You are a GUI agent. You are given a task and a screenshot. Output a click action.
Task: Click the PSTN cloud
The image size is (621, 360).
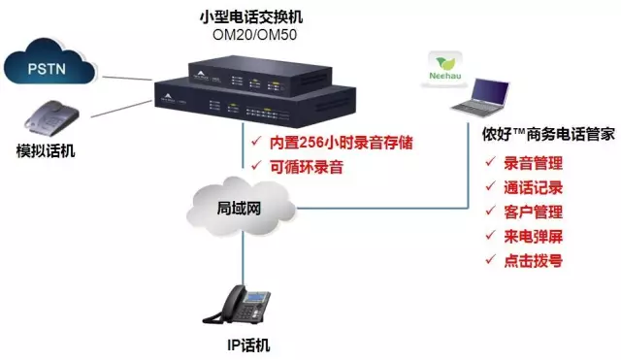pyautogui.click(x=49, y=62)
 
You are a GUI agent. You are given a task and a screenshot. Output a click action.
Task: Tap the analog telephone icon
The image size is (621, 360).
pyautogui.click(x=51, y=118)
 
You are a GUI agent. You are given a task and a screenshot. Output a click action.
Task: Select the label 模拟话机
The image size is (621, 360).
pyautogui.click(x=46, y=151)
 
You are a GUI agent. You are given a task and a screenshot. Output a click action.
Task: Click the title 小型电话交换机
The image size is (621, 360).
pyautogui.click(x=251, y=17)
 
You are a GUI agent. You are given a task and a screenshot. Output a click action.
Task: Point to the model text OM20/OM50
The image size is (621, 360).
pyautogui.click(x=254, y=35)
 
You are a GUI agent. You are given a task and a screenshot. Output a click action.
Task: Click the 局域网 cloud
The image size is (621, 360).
pyautogui.click(x=241, y=207)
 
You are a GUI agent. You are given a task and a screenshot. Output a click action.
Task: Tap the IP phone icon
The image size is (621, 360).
pyautogui.click(x=237, y=306)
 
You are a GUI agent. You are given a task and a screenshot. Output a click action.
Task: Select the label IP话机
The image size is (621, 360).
pyautogui.click(x=248, y=344)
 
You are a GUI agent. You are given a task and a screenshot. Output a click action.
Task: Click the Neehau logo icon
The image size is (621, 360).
pyautogui.click(x=444, y=68)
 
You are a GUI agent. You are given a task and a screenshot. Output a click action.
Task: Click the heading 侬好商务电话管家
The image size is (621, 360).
pyautogui.click(x=548, y=134)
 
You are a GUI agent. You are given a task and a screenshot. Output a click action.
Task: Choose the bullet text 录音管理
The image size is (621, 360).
pyautogui.click(x=533, y=163)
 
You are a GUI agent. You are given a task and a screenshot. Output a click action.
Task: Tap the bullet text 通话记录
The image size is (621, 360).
pyautogui.click(x=533, y=187)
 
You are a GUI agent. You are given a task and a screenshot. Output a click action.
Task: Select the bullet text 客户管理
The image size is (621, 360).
pyautogui.click(x=533, y=213)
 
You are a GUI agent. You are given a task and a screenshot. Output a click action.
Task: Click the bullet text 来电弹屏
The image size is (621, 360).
pyautogui.click(x=533, y=237)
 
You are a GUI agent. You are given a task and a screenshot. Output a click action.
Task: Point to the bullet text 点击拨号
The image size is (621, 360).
pyautogui.click(x=533, y=261)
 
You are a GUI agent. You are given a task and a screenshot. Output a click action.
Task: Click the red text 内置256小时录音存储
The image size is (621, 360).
pyautogui.click(x=341, y=143)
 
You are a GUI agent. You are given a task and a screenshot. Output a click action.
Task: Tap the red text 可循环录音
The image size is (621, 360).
pyautogui.click(x=307, y=167)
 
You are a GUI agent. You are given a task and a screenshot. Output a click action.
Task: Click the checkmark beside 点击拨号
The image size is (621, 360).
pyautogui.click(x=490, y=259)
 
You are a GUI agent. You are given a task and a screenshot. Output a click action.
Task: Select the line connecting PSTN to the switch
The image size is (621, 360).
pyautogui.click(x=127, y=78)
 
